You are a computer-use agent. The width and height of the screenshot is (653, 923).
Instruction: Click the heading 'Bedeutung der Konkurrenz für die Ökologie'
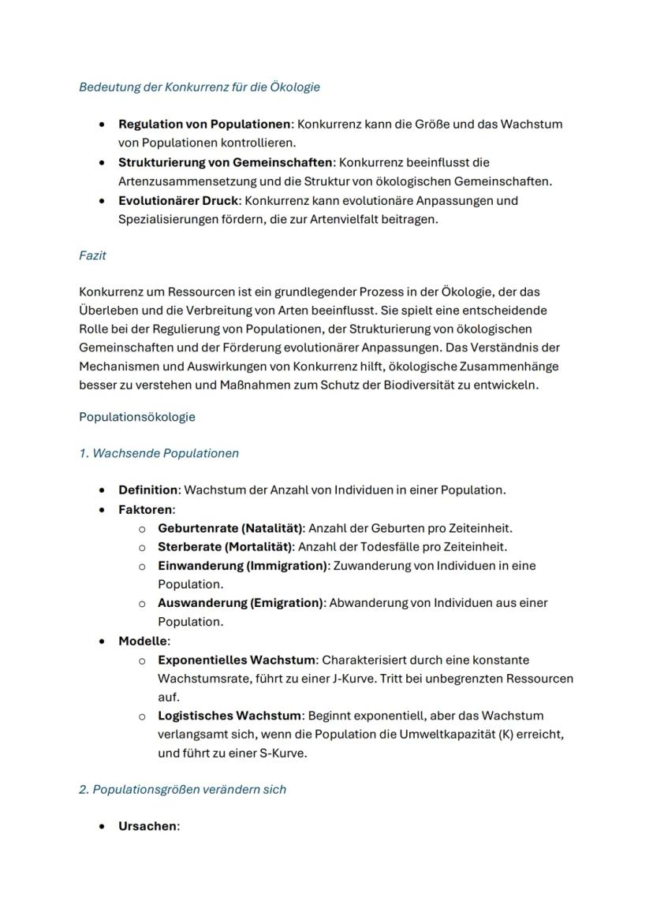[199, 87]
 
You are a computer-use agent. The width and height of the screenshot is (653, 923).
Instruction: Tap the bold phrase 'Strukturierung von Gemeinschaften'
[225, 162]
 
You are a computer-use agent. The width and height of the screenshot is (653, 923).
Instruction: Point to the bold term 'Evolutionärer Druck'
[177, 200]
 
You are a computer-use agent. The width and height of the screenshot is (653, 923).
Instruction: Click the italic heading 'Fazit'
[92, 255]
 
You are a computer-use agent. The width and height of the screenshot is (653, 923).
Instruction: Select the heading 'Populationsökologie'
[136, 417]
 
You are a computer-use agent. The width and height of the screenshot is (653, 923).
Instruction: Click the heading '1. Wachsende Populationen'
[159, 453]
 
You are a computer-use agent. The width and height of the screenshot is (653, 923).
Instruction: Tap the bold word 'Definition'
[147, 490]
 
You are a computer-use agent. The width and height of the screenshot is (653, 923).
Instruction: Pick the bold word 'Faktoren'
[145, 509]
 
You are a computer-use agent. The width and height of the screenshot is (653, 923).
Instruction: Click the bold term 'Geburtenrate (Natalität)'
[230, 528]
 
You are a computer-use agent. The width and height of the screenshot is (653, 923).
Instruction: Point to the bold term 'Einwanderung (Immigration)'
[242, 565]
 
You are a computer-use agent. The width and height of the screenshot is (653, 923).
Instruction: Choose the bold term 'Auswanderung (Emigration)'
[241, 603]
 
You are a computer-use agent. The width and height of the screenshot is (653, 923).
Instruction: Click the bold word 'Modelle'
[143, 641]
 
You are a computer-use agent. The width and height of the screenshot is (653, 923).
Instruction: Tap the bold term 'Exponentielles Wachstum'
[236, 660]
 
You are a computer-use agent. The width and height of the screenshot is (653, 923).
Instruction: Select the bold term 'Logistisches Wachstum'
[229, 716]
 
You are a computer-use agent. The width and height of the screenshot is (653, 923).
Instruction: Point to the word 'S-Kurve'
[283, 753]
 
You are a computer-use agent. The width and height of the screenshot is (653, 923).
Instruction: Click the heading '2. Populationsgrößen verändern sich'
[182, 789]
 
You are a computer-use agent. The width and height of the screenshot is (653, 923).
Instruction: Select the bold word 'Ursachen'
[147, 827]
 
